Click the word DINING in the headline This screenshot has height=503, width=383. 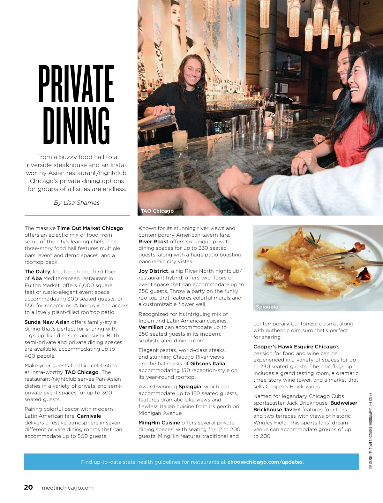(76, 126)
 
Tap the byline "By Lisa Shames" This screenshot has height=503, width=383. (77, 203)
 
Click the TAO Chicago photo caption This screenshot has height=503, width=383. (157, 211)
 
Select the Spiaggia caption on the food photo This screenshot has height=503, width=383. (267, 307)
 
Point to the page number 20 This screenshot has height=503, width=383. (28, 487)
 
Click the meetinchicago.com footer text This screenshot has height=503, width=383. (68, 488)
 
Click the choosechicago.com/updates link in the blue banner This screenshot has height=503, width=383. (265, 462)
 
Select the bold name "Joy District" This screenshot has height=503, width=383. (153, 271)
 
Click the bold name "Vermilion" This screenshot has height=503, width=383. (151, 327)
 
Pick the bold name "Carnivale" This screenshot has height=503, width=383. (89, 416)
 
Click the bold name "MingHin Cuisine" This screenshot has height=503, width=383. (159, 423)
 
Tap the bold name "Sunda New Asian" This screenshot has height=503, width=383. (47, 322)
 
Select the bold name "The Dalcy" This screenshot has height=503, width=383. (37, 271)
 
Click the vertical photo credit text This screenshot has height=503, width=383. (371, 431)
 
